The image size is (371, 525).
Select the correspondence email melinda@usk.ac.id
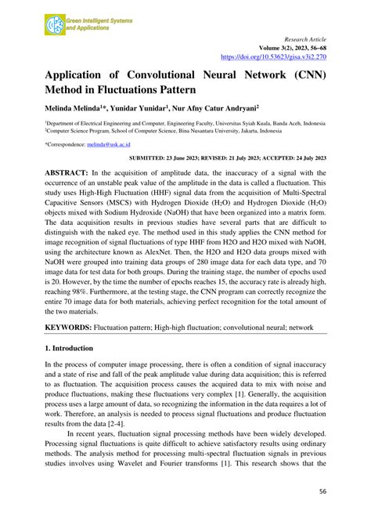108,145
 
